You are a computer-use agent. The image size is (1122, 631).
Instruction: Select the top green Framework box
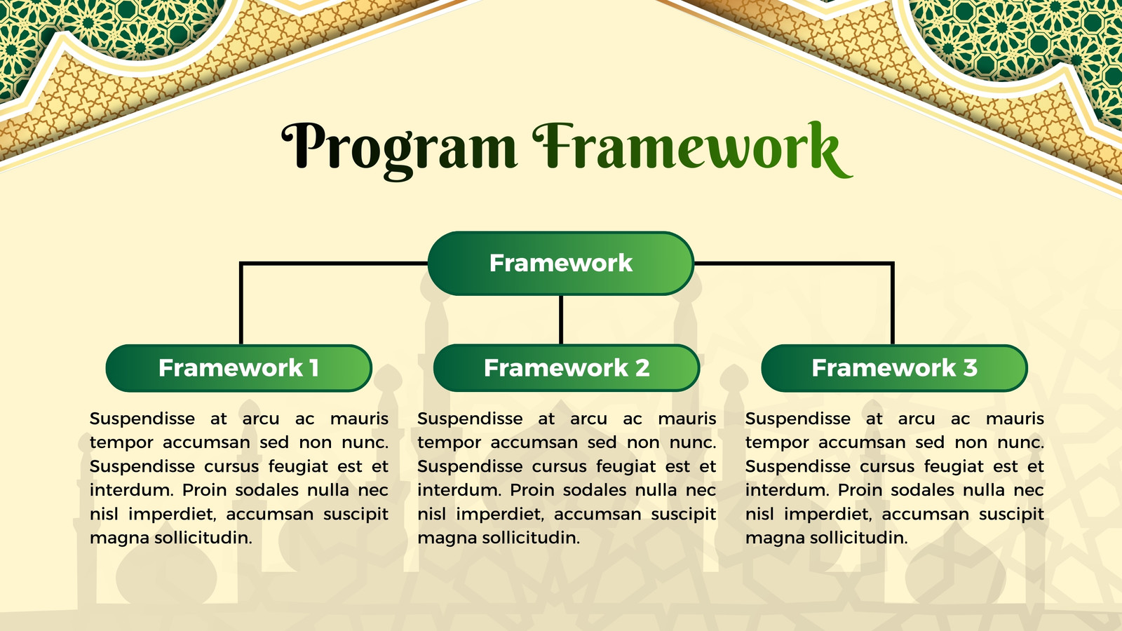[561, 264]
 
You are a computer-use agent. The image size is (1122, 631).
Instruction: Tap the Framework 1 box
[239, 368]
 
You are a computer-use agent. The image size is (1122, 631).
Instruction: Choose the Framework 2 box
[567, 368]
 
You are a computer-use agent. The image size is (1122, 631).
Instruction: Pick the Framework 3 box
[895, 368]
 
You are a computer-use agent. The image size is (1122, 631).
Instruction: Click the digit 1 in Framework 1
[314, 367]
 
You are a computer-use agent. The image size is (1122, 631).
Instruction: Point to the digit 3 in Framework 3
[970, 367]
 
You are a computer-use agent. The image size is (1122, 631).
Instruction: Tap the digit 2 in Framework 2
[642, 367]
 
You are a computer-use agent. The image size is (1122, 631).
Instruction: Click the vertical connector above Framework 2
[561, 320]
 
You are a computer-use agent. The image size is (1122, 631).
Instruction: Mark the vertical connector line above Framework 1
[241, 304]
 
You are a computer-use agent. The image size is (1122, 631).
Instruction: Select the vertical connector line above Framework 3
[893, 304]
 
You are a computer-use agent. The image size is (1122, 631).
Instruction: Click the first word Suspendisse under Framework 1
[142, 419]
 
